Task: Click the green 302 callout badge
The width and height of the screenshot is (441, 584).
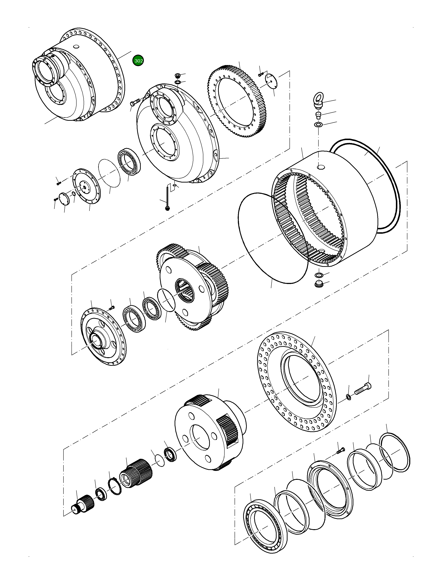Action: (138, 61)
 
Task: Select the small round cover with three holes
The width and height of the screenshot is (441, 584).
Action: (272, 81)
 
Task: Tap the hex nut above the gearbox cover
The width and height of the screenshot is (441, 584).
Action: (178, 76)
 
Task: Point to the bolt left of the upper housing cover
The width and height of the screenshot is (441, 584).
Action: (134, 102)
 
